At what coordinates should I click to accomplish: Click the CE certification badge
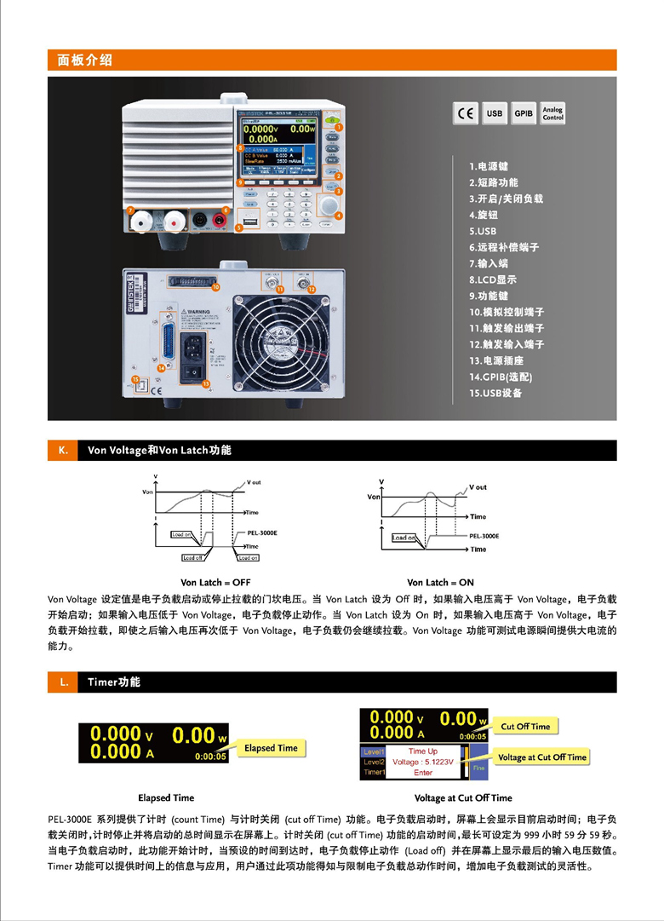click(x=466, y=113)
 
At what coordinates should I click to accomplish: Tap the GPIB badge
click(x=523, y=113)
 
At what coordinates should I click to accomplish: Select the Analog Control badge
click(x=552, y=113)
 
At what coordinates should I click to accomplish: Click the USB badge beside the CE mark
click(x=495, y=113)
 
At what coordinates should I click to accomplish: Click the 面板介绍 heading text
click(x=84, y=60)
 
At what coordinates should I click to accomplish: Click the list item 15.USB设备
click(x=495, y=393)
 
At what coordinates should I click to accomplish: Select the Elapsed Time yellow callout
click(x=271, y=748)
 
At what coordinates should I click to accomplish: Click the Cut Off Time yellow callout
click(x=525, y=727)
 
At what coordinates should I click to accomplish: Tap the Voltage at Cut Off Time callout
click(x=542, y=757)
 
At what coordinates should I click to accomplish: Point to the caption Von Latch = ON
click(x=440, y=583)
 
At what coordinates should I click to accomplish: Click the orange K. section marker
click(x=62, y=451)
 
